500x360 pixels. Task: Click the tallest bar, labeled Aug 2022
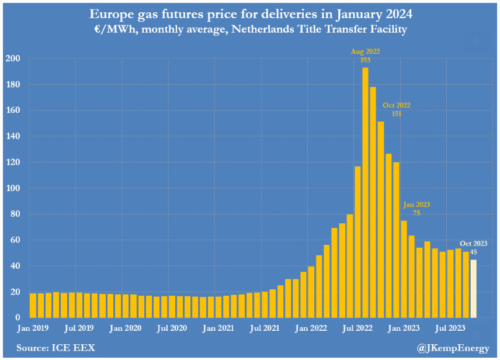tap(365, 193)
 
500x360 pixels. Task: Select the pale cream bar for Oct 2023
tap(473, 289)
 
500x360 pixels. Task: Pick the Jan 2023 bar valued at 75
tap(404, 269)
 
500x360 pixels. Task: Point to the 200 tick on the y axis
tap(12, 59)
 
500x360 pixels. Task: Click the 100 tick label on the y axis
tap(12, 188)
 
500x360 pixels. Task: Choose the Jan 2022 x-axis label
tap(310, 329)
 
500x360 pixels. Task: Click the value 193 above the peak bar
tap(365, 60)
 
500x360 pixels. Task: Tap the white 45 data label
tap(473, 252)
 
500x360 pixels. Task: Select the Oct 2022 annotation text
tap(397, 105)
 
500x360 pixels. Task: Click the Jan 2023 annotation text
tap(416, 205)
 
